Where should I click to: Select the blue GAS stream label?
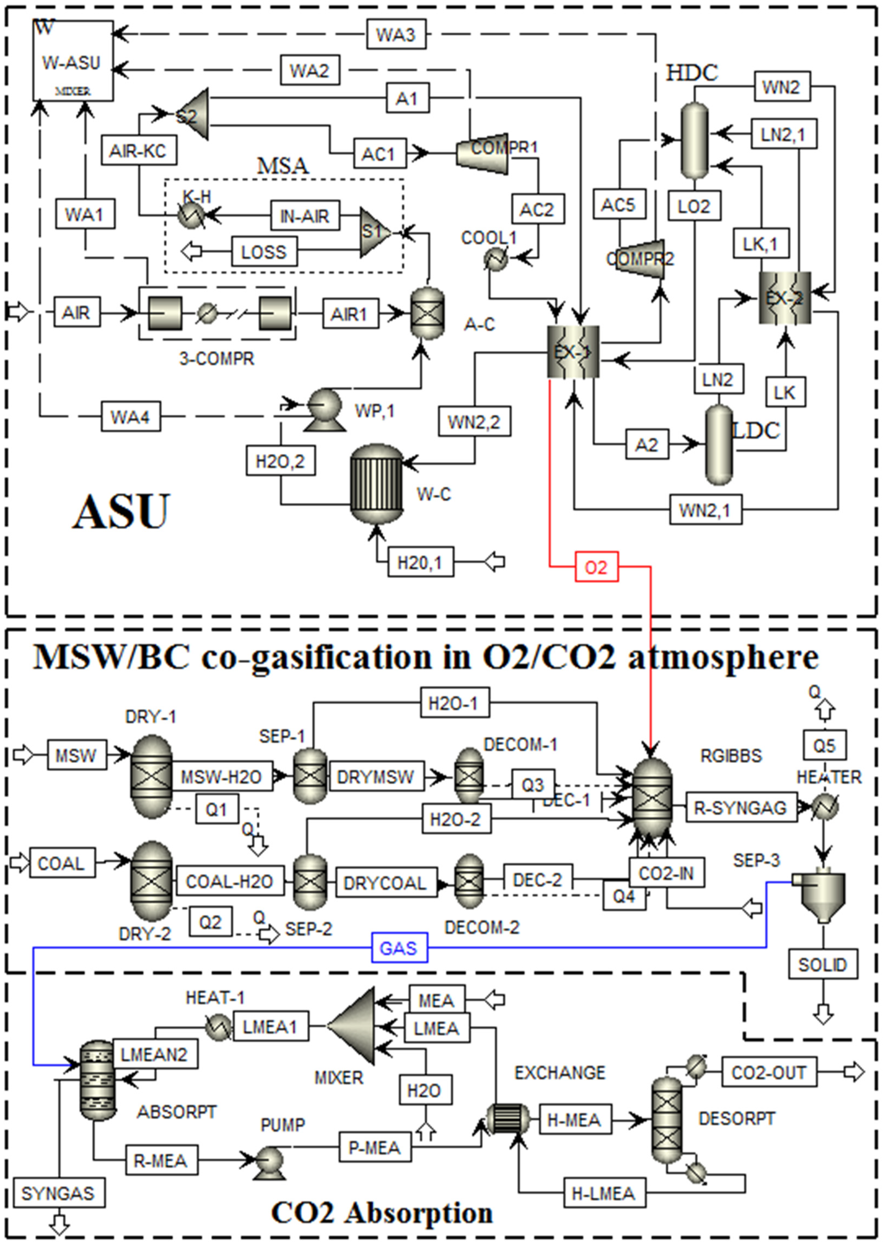[399, 948]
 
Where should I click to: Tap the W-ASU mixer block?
[73, 61]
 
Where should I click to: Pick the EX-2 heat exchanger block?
[785, 298]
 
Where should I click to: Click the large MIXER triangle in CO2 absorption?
[354, 1026]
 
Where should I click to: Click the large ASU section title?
[121, 511]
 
